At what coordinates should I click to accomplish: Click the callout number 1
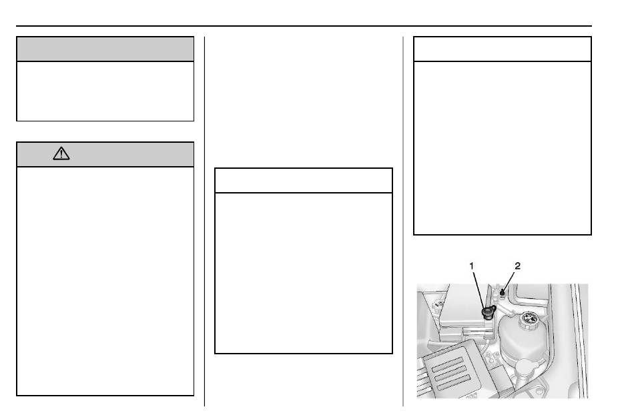[x=471, y=266]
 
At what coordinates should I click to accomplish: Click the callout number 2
[x=518, y=266]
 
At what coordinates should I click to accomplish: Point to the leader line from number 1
[x=479, y=290]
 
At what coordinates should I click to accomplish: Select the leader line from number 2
[x=509, y=280]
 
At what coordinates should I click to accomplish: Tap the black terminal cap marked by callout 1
[x=488, y=312]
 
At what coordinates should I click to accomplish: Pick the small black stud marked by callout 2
[x=502, y=292]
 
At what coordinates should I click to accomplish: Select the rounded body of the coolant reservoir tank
[x=523, y=340]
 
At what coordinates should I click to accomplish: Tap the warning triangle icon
[x=61, y=153]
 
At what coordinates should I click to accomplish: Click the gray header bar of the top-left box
[x=105, y=49]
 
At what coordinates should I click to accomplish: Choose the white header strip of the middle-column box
[x=303, y=181]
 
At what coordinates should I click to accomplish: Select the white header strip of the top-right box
[x=502, y=49]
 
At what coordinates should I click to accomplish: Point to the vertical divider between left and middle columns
[x=205, y=222]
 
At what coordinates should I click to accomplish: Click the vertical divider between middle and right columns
[x=403, y=222]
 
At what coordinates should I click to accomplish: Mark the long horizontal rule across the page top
[x=304, y=26]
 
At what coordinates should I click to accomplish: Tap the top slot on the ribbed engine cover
[x=446, y=364]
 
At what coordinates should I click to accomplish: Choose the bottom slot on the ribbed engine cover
[x=454, y=382]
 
